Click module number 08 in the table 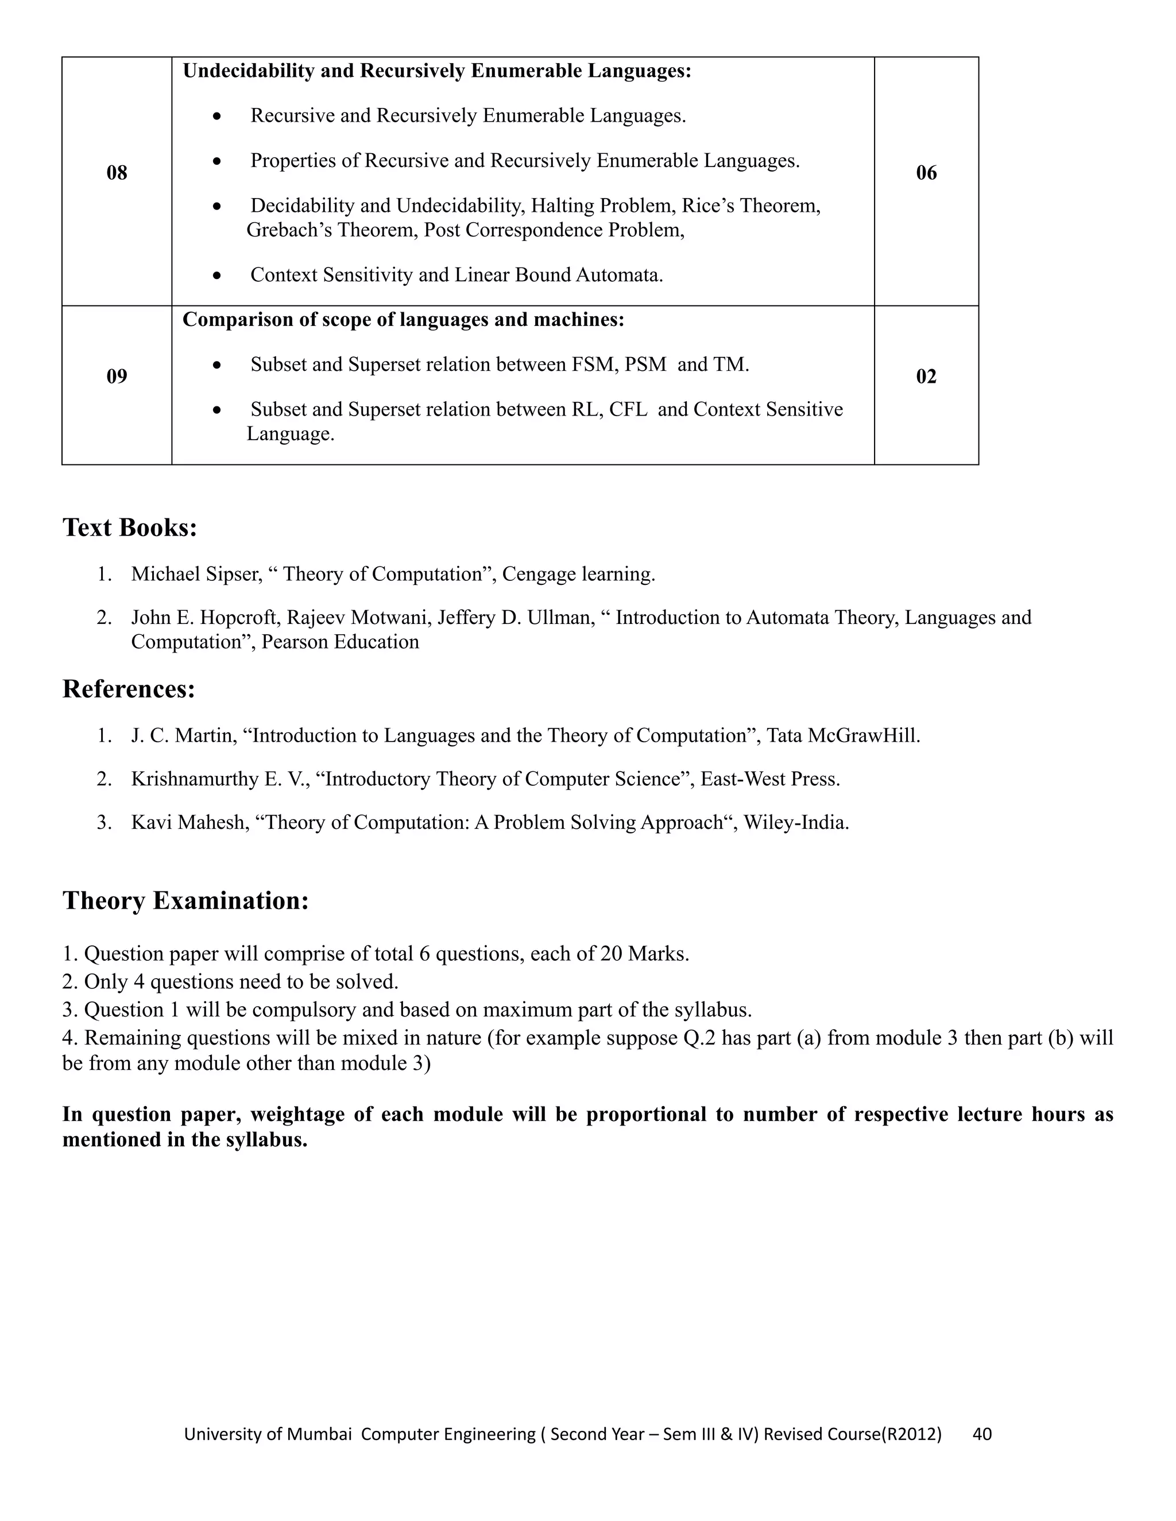pos(117,173)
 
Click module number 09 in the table pos(117,377)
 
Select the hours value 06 pos(926,173)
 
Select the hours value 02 pos(926,377)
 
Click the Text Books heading pos(130,527)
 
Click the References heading pos(129,689)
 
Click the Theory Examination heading pos(185,901)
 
